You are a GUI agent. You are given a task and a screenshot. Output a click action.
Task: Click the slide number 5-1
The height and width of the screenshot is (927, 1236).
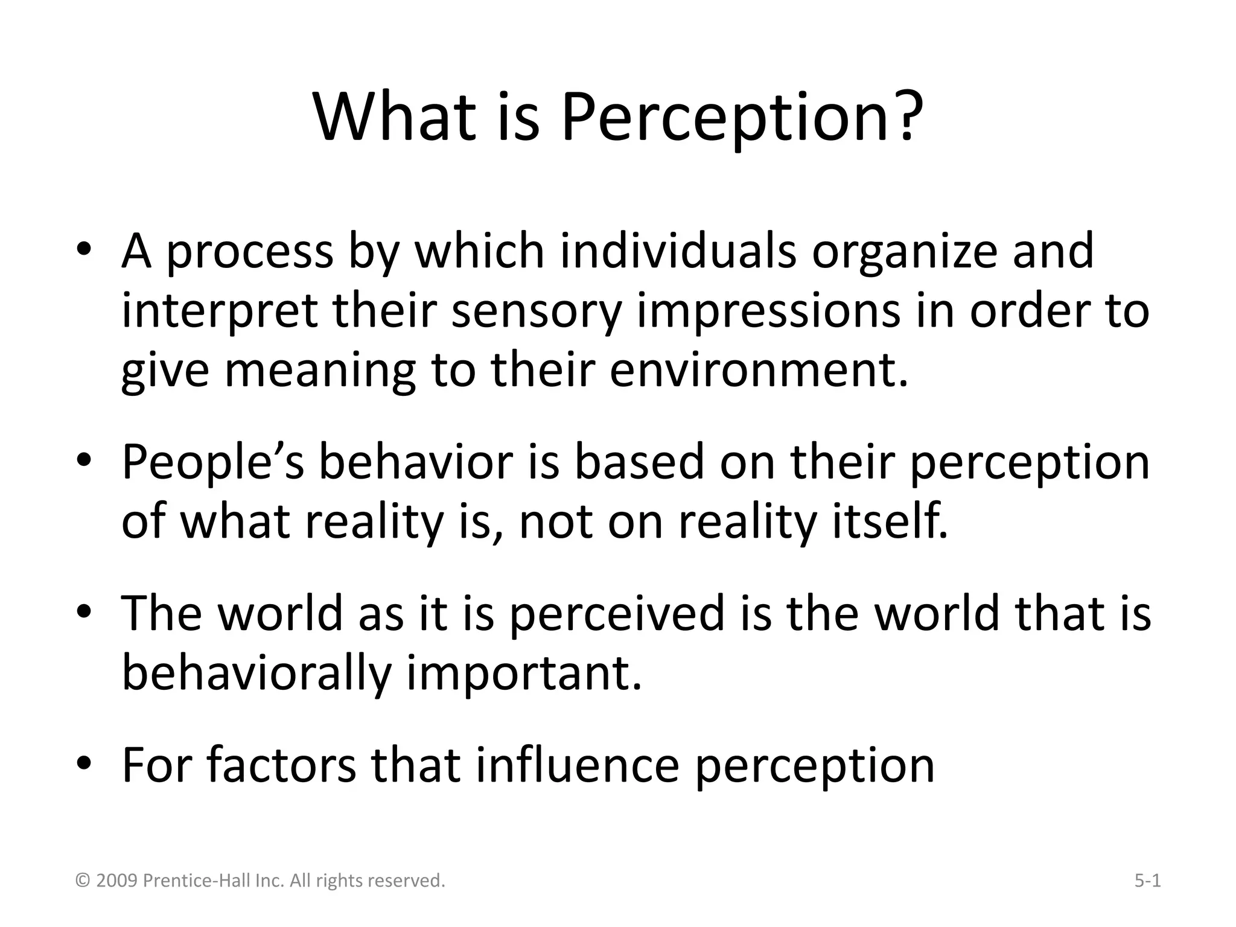(1147, 881)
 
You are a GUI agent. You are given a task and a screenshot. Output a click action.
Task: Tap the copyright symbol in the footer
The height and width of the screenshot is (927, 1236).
(83, 881)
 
